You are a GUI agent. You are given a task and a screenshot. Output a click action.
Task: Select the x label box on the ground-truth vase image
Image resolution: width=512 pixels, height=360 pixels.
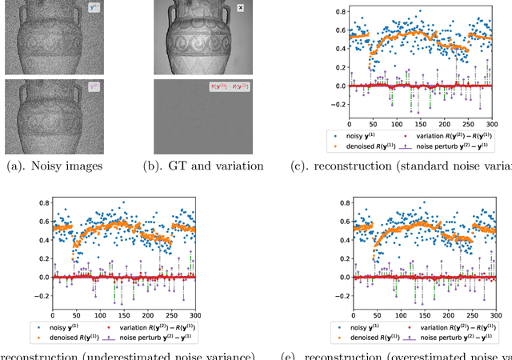(x=241, y=9)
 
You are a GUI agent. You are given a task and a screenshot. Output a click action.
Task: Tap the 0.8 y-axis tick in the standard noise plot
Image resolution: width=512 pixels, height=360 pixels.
(x=340, y=13)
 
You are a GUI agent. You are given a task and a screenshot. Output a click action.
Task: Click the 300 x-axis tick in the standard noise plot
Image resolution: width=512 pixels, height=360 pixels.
(x=491, y=125)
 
